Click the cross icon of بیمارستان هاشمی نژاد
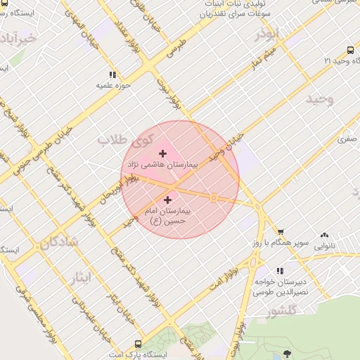pyautogui.click(x=163, y=153)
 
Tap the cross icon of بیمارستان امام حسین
pyautogui.click(x=167, y=200)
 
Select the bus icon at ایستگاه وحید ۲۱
pyautogui.click(x=350, y=51)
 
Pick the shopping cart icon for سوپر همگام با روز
pyautogui.click(x=281, y=231)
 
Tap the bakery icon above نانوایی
pyautogui.click(x=324, y=236)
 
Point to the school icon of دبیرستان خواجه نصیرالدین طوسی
pyautogui.click(x=281, y=271)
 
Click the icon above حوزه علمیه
pyautogui.click(x=112, y=75)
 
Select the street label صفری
pyautogui.click(x=347, y=140)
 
